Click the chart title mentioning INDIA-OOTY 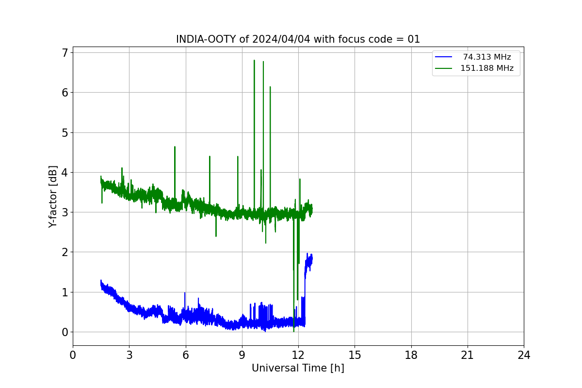tap(298, 39)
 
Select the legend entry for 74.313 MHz tap(473, 57)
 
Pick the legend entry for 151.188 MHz tap(474, 68)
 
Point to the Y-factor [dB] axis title tap(52, 197)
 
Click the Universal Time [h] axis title tap(298, 368)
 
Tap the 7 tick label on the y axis tap(65, 53)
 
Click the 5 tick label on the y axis tap(65, 133)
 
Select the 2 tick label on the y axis tap(65, 252)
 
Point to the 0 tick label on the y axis tap(65, 332)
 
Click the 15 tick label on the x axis tap(355, 355)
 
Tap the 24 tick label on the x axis tap(524, 355)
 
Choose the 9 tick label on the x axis tap(242, 355)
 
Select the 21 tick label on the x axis tap(468, 355)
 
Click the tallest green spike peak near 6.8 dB tap(254, 60)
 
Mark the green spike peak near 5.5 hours tap(175, 147)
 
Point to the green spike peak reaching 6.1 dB tap(270, 87)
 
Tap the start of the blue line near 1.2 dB tap(101, 281)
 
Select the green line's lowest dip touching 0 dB tap(294, 332)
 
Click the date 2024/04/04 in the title tap(281, 39)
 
